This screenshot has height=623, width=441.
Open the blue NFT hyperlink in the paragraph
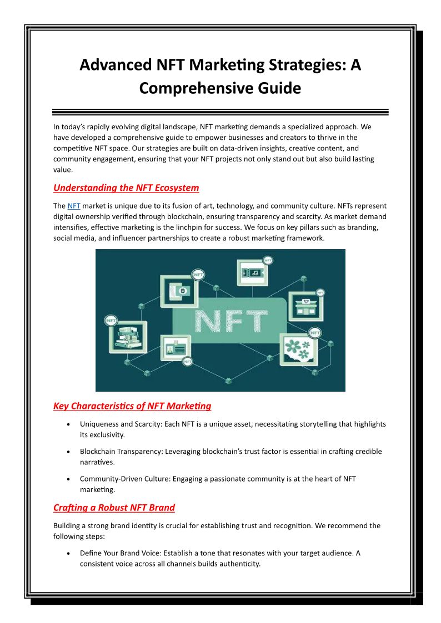point(74,206)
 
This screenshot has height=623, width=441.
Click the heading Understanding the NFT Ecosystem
point(126,188)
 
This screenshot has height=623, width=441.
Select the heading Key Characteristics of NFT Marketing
point(132,406)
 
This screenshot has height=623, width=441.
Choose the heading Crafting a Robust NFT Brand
point(114,508)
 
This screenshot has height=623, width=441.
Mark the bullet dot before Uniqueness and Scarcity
point(68,424)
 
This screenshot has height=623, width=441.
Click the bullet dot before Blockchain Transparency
point(68,452)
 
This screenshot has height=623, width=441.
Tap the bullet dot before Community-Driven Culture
point(68,479)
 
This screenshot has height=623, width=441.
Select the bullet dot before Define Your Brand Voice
point(68,554)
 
